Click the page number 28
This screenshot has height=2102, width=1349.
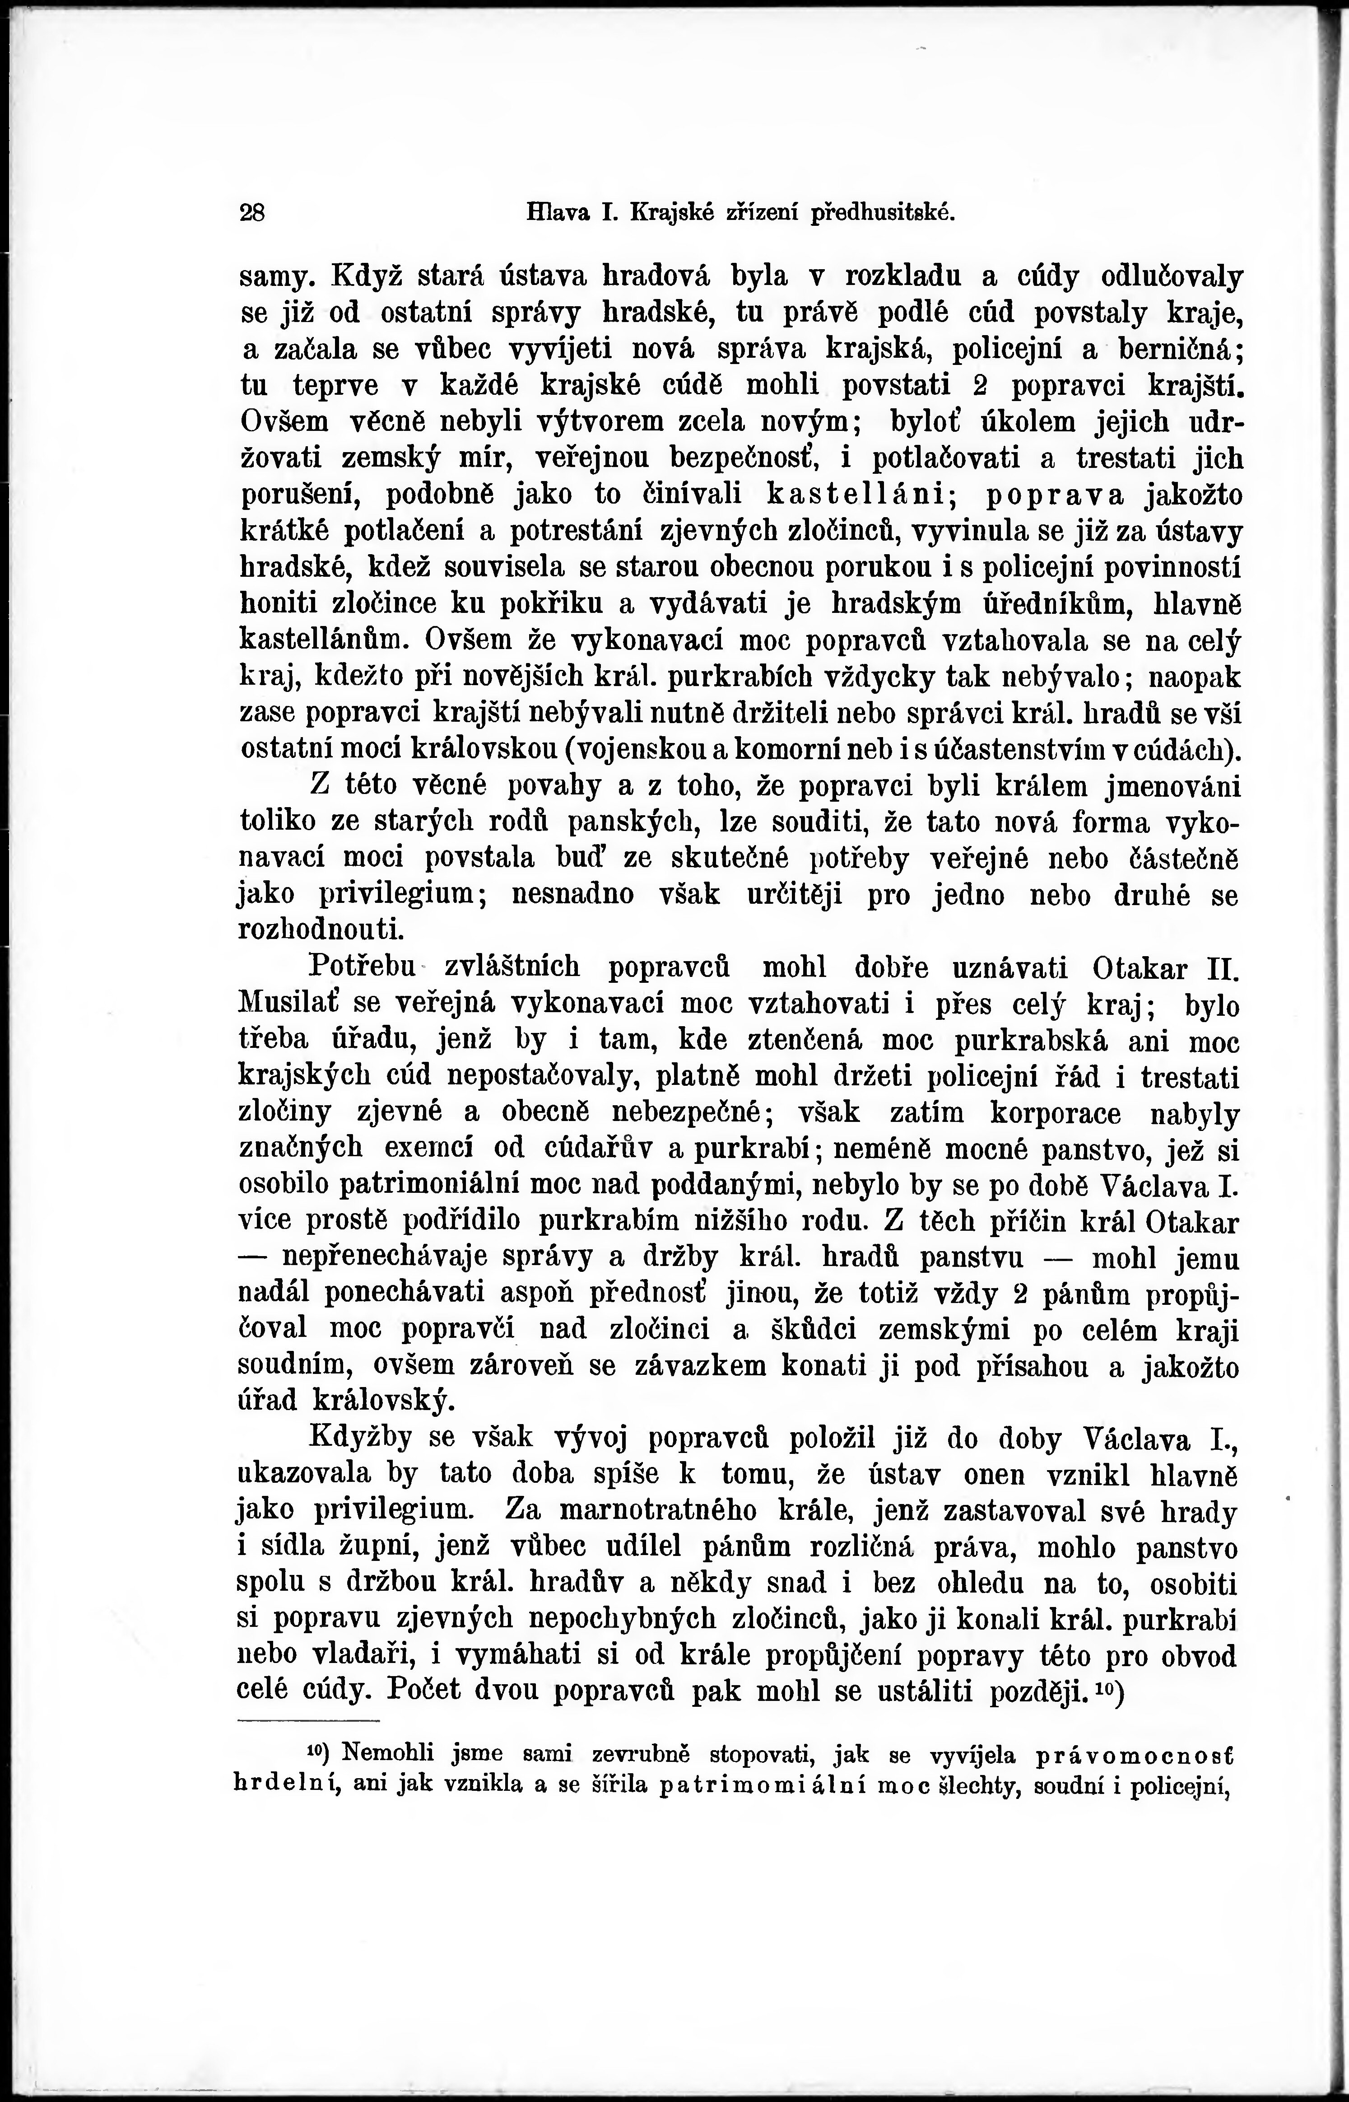(x=252, y=213)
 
